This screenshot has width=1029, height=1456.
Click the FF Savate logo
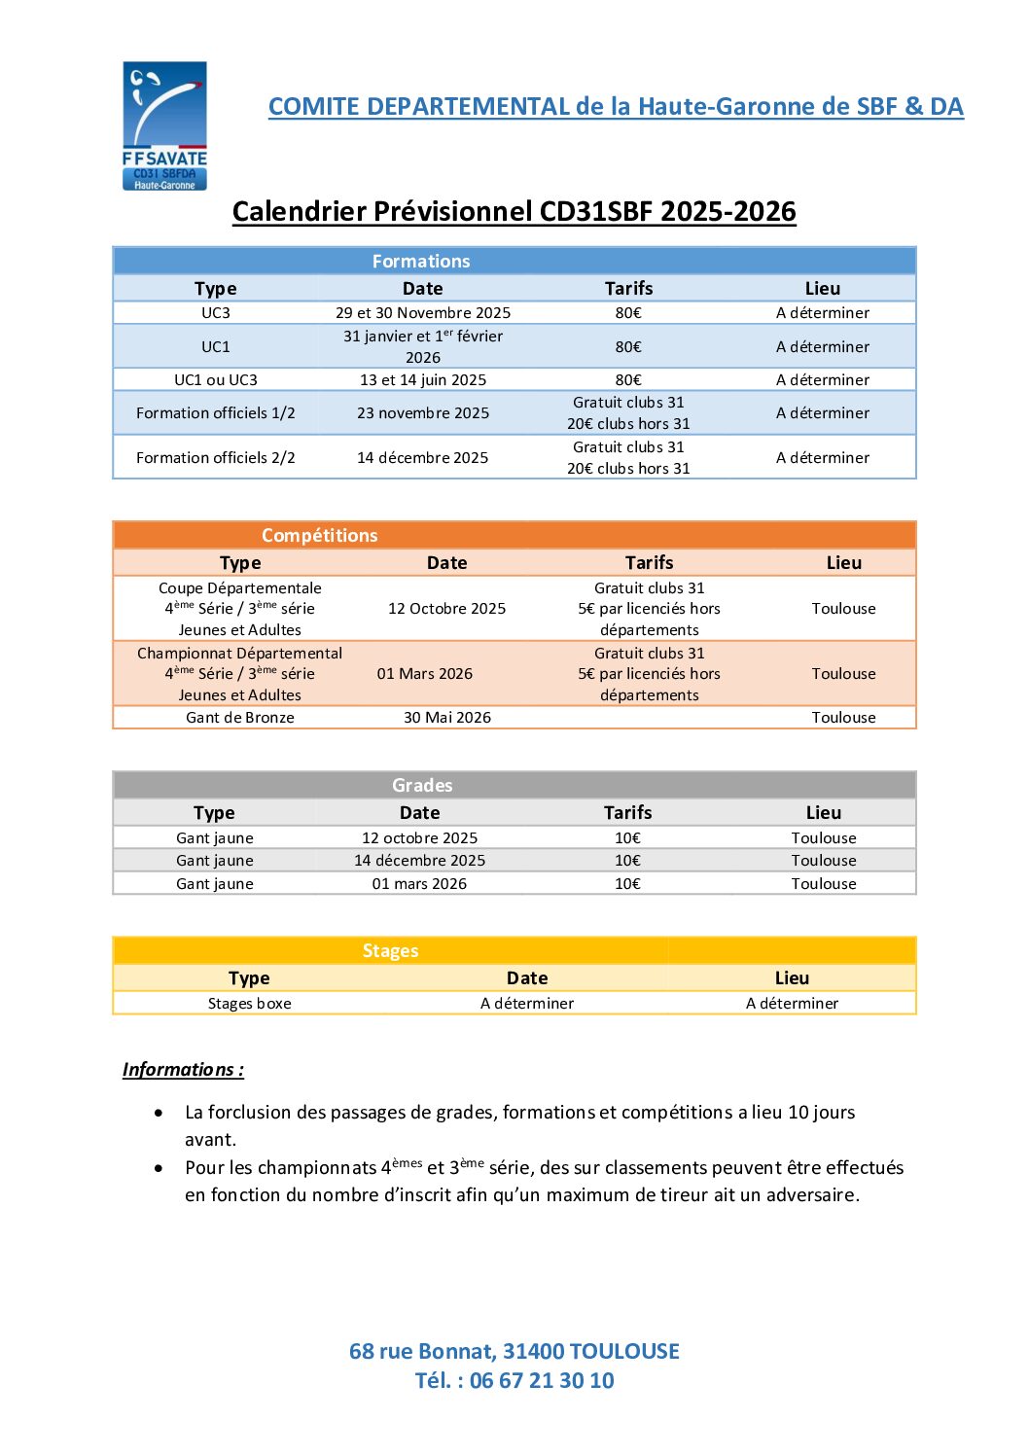click(164, 125)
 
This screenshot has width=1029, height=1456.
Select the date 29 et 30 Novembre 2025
click(423, 313)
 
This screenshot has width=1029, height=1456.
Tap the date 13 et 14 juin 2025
click(423, 380)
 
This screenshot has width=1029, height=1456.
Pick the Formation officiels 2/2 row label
click(216, 458)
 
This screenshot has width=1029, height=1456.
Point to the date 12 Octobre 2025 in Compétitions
click(447, 609)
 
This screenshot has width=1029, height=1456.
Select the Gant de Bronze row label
click(240, 718)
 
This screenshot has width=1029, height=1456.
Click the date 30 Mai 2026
click(447, 718)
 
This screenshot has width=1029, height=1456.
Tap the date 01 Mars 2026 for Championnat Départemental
click(425, 674)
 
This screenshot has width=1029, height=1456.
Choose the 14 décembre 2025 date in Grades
click(420, 861)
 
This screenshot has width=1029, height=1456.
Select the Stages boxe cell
click(250, 1004)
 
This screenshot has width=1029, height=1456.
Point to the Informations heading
click(183, 1070)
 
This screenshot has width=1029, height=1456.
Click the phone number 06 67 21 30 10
click(542, 1381)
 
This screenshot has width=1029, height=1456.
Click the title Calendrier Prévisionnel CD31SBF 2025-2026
click(514, 212)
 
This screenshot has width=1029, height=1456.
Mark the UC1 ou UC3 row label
click(216, 380)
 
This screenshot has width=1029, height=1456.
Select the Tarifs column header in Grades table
click(628, 813)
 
